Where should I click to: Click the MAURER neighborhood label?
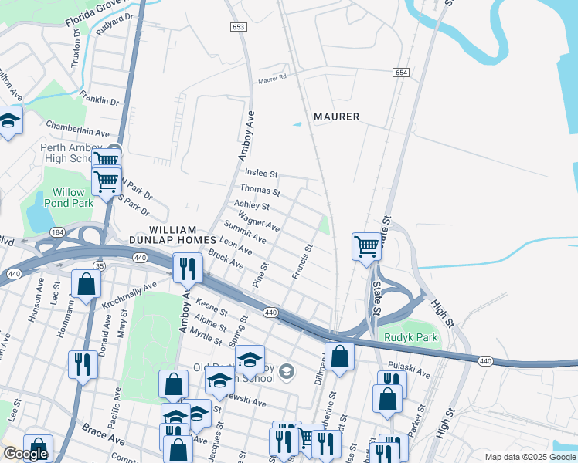pos(336,117)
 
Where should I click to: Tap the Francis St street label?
pos(301,262)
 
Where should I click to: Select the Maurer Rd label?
pos(273,77)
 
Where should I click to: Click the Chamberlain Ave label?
pos(77,129)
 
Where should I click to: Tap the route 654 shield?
pos(400,72)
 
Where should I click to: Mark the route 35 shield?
pos(99,266)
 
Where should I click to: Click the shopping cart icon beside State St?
pos(366,247)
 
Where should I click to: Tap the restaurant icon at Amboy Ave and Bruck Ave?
pos(188,268)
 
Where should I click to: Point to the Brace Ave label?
pos(104,438)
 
